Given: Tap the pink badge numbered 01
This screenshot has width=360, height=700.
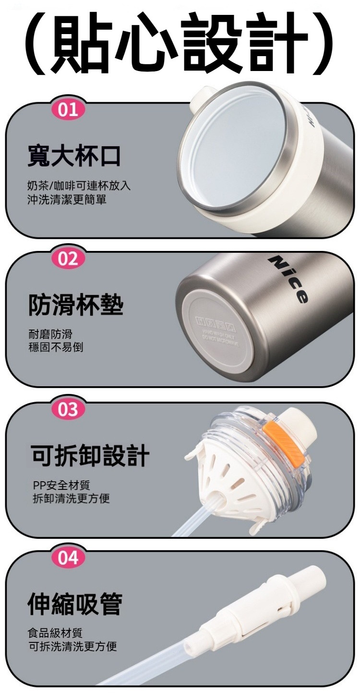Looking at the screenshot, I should [x=68, y=110].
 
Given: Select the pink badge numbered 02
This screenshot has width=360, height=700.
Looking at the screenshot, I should [x=68, y=259].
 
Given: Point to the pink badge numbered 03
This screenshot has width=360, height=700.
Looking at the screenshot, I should [x=68, y=409].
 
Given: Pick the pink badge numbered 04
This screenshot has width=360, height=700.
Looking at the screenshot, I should [x=68, y=558].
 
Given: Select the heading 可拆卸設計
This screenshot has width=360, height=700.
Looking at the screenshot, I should [x=90, y=455].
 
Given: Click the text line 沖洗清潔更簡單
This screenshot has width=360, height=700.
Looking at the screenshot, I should [x=67, y=199].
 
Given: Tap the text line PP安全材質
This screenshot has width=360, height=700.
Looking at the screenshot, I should [x=61, y=486].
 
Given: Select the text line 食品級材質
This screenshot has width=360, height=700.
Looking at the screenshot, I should [x=55, y=634].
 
